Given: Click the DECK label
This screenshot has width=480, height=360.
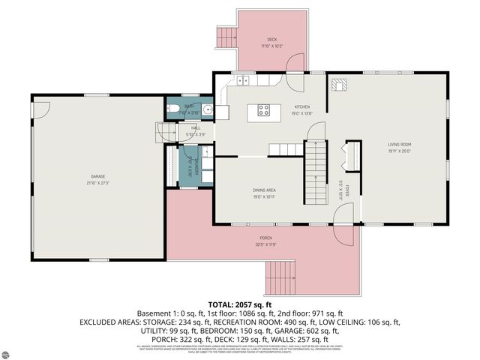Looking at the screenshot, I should coord(271,42).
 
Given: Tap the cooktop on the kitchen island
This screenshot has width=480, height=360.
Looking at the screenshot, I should coord(264,110).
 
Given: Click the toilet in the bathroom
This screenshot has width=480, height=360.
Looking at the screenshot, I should coord(173,112).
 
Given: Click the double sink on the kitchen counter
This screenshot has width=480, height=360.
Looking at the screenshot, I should coord(244,80).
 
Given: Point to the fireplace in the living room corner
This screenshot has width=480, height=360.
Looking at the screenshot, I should coord(339,85).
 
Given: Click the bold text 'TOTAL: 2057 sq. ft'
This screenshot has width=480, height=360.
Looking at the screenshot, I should coord(239,304).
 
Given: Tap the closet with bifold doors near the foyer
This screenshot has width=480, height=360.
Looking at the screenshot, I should coord(347,158).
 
